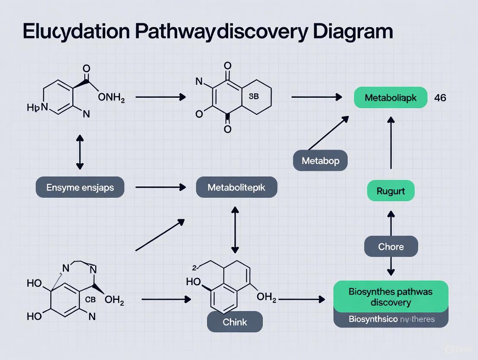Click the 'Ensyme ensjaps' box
tap(80, 187)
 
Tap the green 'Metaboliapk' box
tap(391, 98)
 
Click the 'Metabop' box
tap(320, 161)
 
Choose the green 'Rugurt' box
tap(391, 191)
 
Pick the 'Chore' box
tap(391, 247)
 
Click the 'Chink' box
tap(235, 322)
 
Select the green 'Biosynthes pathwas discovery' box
tap(391, 296)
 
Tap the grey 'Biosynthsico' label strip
tap(391, 320)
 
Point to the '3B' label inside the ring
tap(254, 96)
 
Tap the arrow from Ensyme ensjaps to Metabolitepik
tap(160, 187)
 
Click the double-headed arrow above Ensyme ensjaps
tap(79, 151)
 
